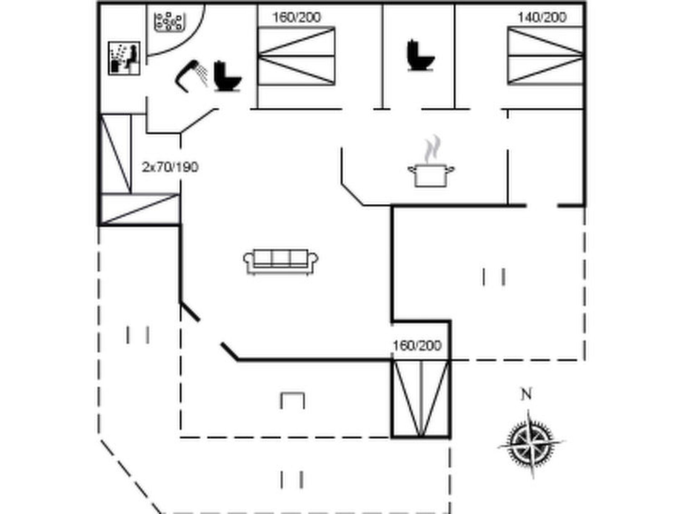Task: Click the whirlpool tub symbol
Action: click(170, 22)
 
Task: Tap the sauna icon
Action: click(124, 58)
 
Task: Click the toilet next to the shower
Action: click(227, 76)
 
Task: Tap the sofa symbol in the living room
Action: click(281, 262)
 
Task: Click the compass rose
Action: click(531, 443)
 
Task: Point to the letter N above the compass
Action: click(526, 395)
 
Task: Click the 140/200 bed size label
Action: click(542, 17)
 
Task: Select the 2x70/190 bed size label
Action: click(170, 167)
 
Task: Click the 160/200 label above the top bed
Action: click(297, 17)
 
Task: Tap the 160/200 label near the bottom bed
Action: click(417, 345)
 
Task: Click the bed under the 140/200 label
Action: click(545, 56)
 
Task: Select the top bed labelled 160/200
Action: click(296, 56)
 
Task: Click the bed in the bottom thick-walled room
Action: click(421, 398)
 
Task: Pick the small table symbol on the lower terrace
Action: click(293, 400)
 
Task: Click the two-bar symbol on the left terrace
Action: click(138, 335)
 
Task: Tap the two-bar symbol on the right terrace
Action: click(494, 277)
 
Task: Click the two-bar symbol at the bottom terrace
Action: click(292, 480)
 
